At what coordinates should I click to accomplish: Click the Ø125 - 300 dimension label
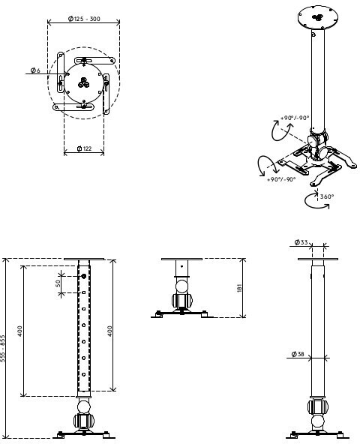coord(84,19)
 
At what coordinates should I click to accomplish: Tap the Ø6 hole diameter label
coord(35,70)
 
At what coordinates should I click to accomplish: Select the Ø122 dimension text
coord(85,148)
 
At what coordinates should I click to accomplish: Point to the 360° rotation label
coord(327,196)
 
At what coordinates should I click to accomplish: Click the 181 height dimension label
coord(240,288)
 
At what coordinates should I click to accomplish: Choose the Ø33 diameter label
coord(301,242)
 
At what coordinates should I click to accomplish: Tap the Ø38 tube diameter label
coord(298,354)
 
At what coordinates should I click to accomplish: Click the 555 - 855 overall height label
coord(2,348)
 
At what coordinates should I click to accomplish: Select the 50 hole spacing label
coord(58,283)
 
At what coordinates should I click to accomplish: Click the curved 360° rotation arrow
coord(316,201)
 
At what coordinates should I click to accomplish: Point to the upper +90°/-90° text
coord(295,118)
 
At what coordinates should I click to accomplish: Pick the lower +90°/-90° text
coord(281,179)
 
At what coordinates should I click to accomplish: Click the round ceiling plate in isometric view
coord(318,17)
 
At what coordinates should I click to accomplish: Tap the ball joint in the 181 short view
coord(181,286)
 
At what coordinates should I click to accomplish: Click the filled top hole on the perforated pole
coord(84,276)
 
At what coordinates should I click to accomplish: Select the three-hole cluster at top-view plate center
coord(83,82)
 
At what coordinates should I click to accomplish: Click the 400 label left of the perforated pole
coord(19,331)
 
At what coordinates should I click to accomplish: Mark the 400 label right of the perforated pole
coord(109,331)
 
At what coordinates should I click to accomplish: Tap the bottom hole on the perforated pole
coord(84,374)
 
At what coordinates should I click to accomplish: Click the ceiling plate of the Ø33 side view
coord(318,259)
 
